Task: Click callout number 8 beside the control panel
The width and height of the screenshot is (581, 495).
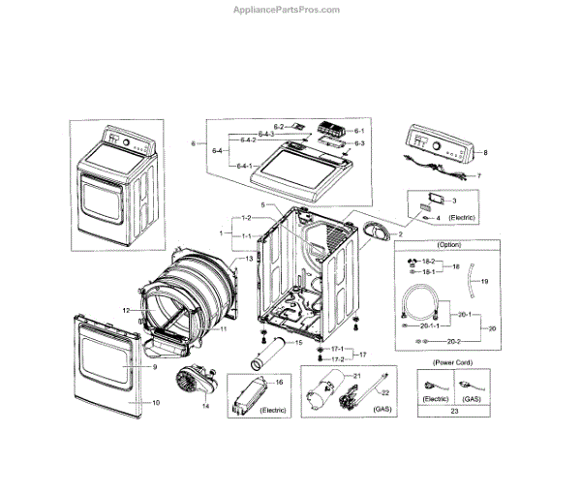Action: pyautogui.click(x=485, y=153)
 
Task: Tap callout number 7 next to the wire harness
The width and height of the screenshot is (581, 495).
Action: pyautogui.click(x=478, y=176)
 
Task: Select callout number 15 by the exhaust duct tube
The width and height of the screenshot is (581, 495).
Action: pyautogui.click(x=299, y=343)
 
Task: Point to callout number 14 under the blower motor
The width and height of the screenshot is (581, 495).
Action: pyautogui.click(x=204, y=406)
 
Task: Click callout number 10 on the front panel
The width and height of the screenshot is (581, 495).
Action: pyautogui.click(x=156, y=401)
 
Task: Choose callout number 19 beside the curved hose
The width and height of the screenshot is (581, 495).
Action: pyautogui.click(x=484, y=281)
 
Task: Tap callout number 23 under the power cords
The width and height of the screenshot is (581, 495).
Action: pyautogui.click(x=453, y=411)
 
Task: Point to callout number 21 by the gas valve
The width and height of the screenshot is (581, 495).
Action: pyautogui.click(x=355, y=375)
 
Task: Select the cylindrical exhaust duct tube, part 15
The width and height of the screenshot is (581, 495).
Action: pyautogui.click(x=268, y=352)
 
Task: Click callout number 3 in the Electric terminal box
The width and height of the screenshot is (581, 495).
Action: pyautogui.click(x=453, y=201)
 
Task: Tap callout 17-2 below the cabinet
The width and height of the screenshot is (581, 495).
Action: pyautogui.click(x=338, y=359)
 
